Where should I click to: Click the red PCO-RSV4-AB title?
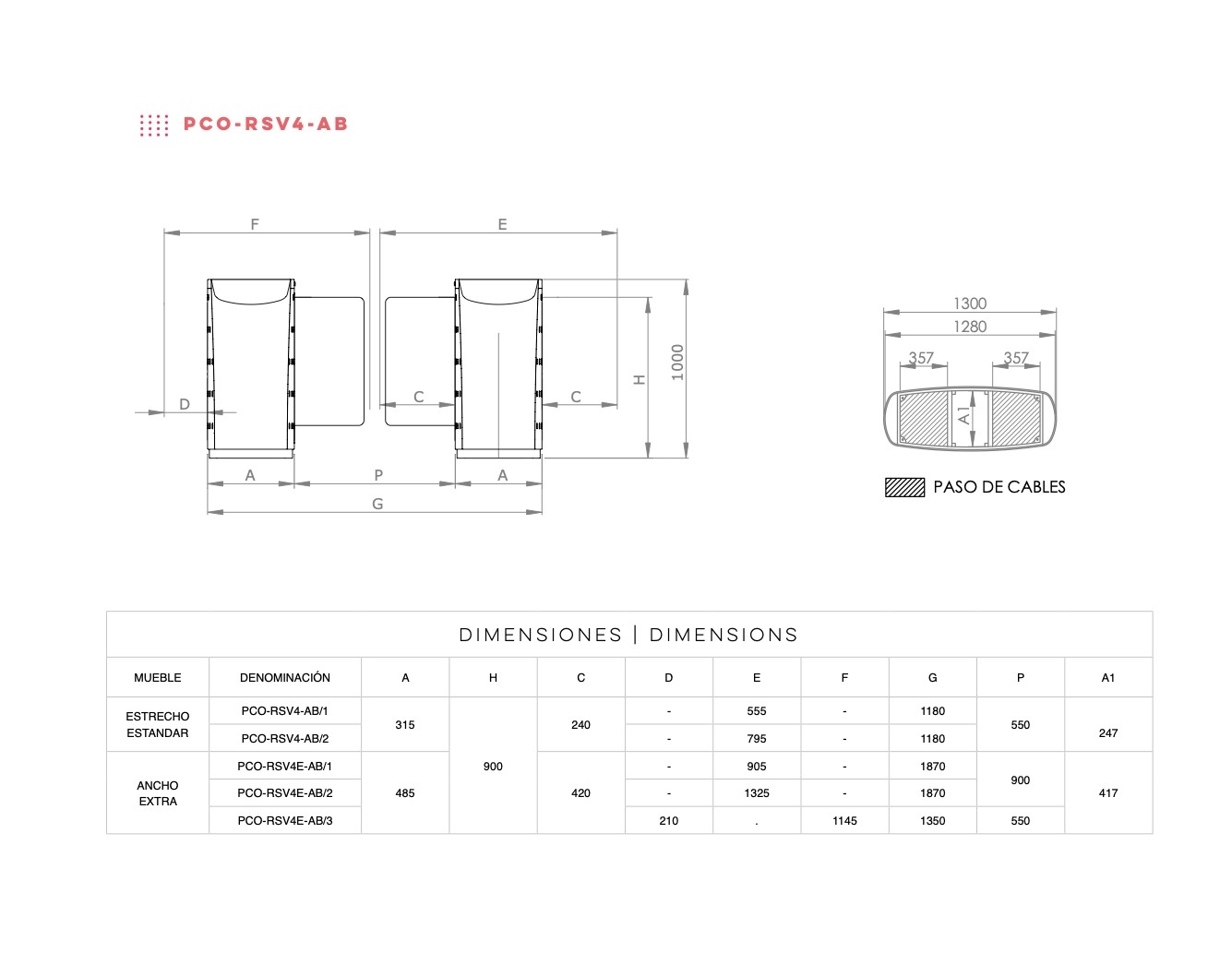[265, 125]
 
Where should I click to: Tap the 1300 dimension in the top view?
[970, 304]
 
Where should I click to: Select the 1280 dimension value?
[970, 327]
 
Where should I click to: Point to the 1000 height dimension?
[677, 362]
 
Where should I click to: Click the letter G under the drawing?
[377, 504]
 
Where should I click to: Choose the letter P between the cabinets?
[378, 475]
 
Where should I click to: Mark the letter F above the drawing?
[255, 224]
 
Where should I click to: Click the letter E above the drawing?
[502, 224]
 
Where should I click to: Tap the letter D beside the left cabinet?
[185, 404]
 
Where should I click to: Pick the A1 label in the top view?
[964, 416]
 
